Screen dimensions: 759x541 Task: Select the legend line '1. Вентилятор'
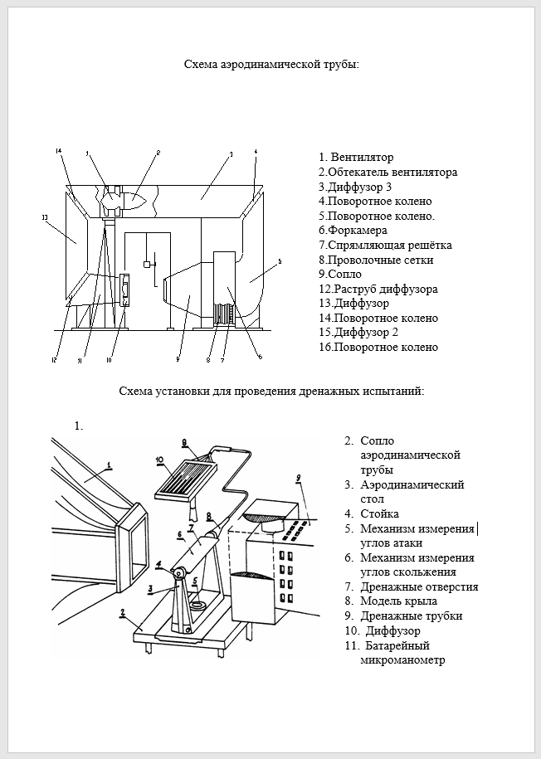point(356,157)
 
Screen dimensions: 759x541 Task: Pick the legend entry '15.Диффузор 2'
point(358,332)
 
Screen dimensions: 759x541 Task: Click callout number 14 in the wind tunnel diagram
point(59,151)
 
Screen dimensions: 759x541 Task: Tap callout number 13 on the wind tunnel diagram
point(44,217)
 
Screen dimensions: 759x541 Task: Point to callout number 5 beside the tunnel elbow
point(280,261)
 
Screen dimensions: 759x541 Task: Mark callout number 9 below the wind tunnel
point(177,359)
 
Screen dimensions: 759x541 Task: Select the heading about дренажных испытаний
point(271,390)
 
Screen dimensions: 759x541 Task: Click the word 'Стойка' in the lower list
point(379,513)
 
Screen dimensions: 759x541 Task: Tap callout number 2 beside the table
point(123,613)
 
